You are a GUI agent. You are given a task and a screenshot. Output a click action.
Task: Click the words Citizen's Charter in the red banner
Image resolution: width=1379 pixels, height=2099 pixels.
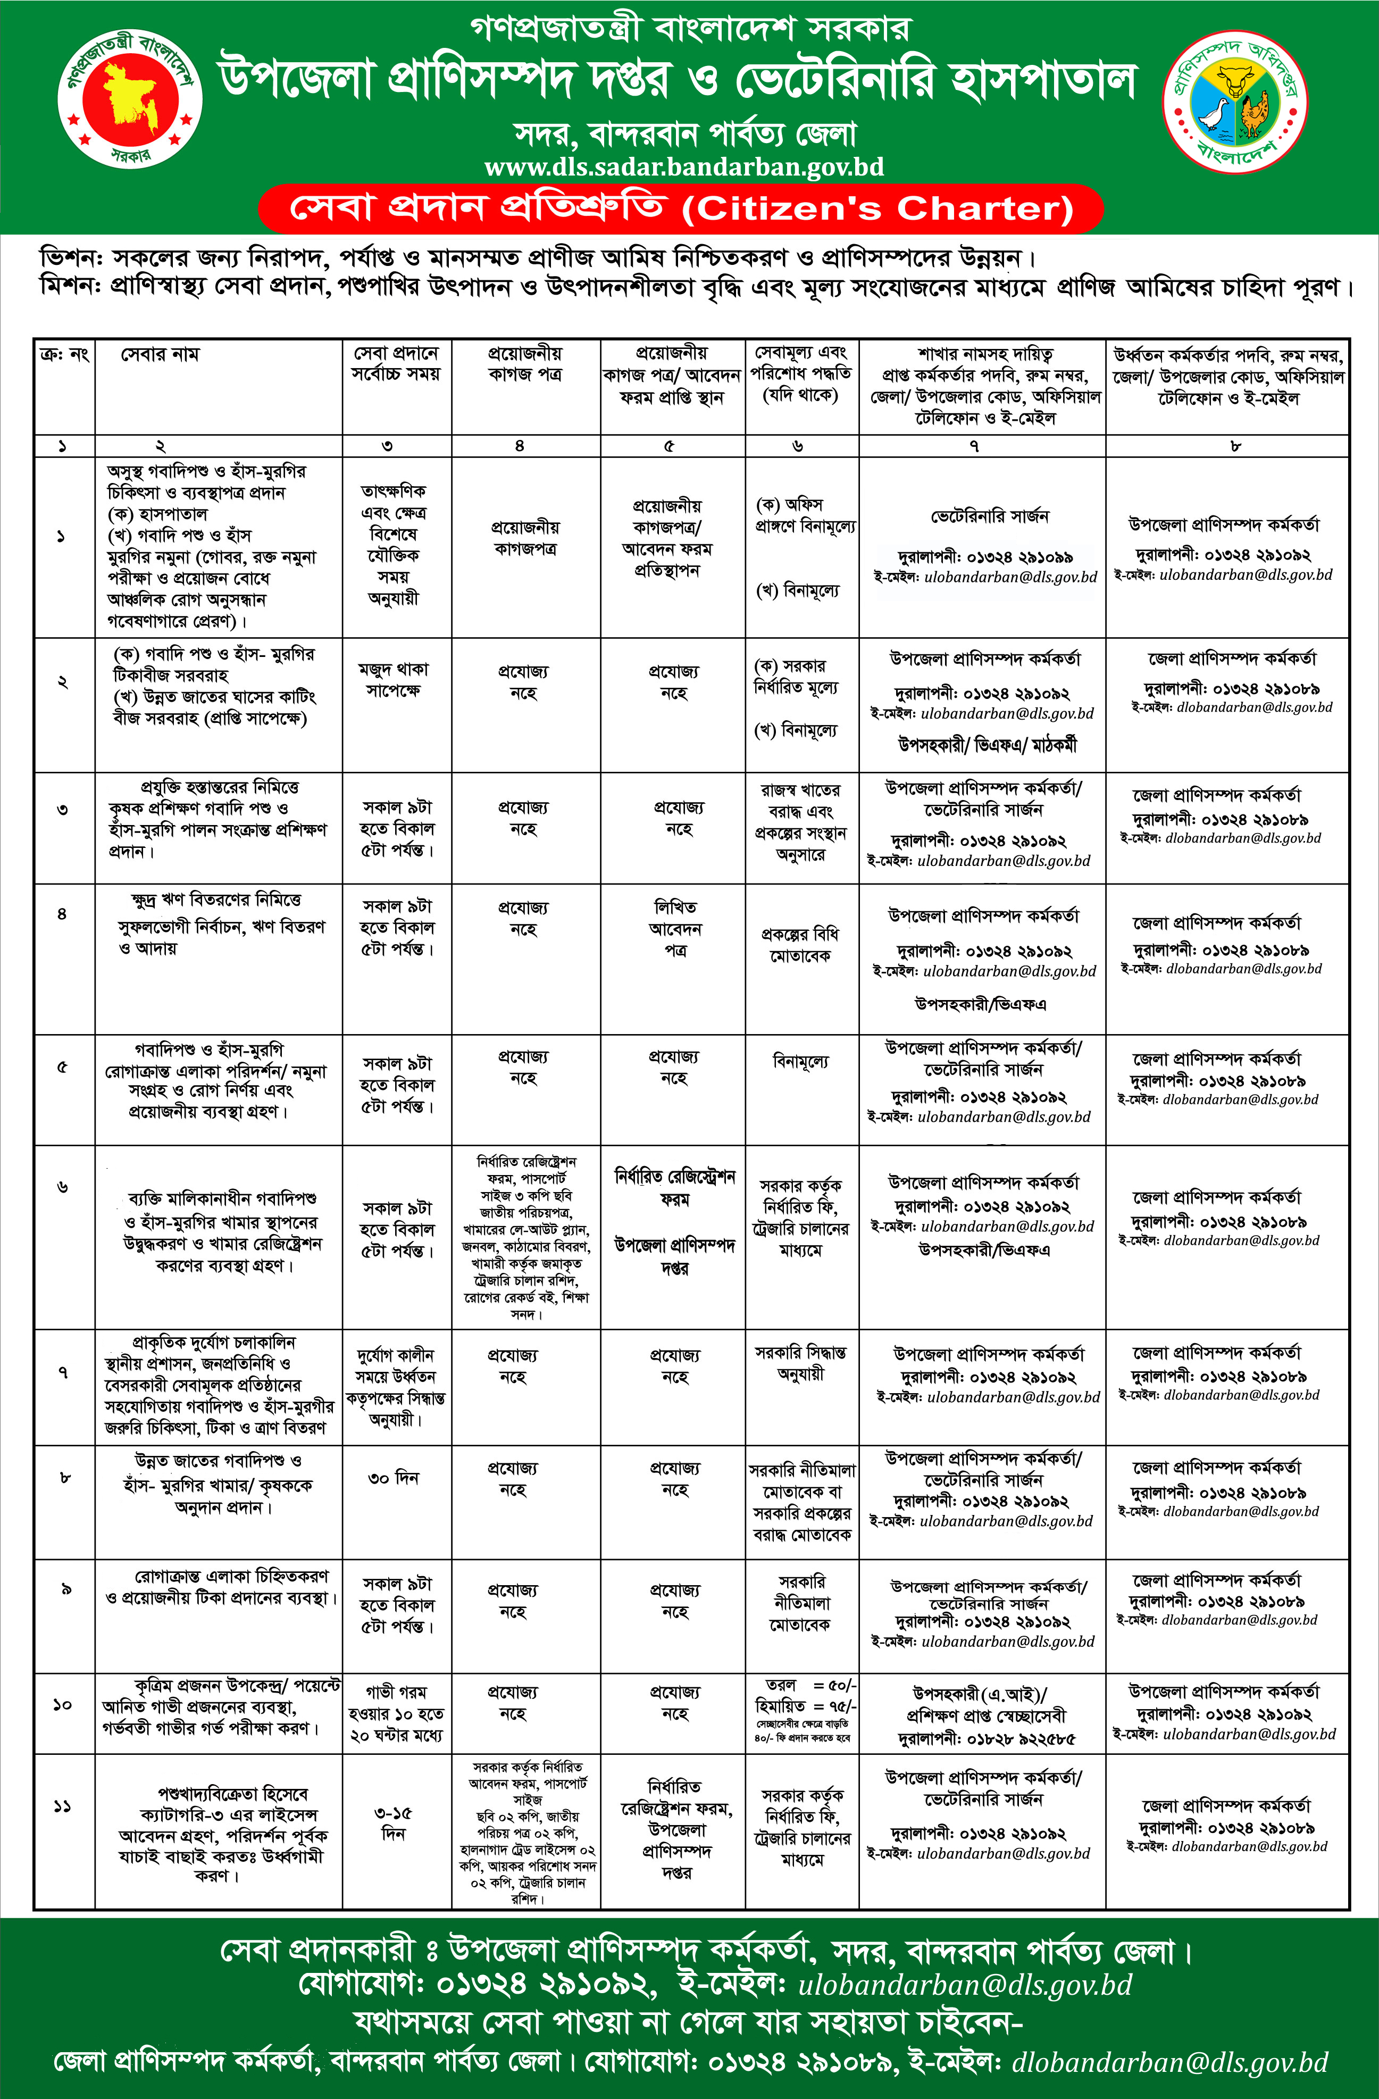click(877, 209)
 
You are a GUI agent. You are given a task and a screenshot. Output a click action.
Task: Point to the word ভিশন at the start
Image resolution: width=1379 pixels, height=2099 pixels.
click(71, 259)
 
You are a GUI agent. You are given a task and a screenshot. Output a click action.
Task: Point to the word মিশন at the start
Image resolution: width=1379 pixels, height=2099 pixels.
click(71, 288)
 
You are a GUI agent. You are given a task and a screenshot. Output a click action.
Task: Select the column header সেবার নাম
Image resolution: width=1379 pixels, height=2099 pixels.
click(160, 355)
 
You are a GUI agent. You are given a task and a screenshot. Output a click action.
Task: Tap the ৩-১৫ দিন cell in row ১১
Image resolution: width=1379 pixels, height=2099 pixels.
click(393, 1824)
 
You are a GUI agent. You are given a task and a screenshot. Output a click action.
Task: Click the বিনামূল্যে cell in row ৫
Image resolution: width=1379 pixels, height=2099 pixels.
click(800, 1062)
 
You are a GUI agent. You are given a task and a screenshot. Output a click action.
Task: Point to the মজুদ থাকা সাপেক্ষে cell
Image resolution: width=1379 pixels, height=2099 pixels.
click(393, 680)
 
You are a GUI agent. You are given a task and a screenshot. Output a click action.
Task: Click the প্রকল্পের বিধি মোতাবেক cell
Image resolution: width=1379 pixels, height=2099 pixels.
click(800, 945)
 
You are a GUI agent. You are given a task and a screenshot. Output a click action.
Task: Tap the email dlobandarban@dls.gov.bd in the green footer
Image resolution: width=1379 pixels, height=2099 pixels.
click(1169, 2062)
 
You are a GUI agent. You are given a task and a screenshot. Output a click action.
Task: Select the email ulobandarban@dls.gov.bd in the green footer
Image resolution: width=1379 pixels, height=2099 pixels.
click(965, 1985)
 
